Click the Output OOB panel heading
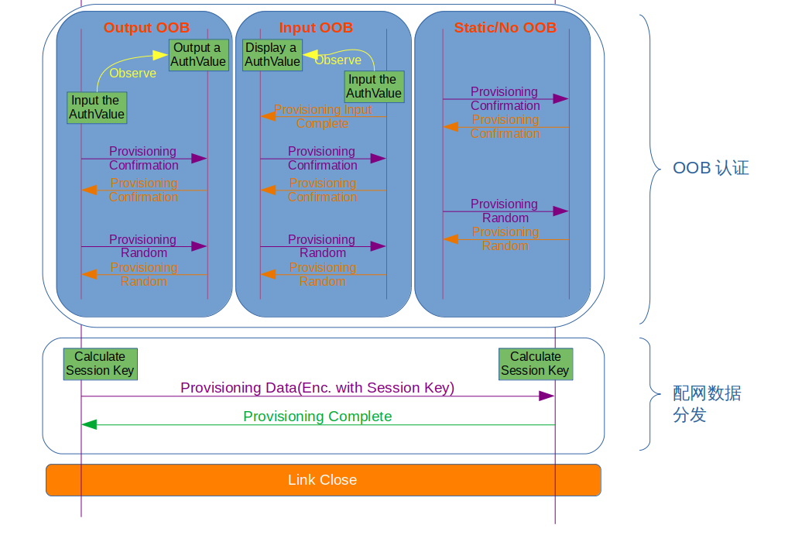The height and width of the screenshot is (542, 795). (146, 28)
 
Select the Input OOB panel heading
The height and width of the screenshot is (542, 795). (316, 28)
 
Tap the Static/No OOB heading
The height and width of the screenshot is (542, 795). (505, 28)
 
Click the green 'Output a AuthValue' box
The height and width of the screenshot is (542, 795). (198, 55)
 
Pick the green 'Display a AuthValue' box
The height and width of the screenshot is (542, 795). (272, 55)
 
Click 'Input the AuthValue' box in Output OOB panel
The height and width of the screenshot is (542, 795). (97, 108)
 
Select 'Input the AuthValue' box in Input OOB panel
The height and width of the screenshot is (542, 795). (374, 87)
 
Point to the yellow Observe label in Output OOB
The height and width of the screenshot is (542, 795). (132, 74)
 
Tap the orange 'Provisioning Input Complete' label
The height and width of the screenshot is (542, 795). (323, 117)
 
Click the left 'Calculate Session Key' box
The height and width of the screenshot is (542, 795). (100, 364)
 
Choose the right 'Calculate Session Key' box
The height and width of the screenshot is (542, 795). (535, 364)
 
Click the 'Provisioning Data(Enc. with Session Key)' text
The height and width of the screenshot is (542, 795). (317, 388)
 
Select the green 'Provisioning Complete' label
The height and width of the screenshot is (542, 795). (317, 417)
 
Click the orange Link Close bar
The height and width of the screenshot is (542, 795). (323, 480)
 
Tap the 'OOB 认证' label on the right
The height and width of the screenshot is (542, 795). (711, 168)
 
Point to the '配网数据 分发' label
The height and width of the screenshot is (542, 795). (706, 404)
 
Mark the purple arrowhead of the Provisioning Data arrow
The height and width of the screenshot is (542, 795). (547, 396)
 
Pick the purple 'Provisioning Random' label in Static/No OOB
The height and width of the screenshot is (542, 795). (505, 211)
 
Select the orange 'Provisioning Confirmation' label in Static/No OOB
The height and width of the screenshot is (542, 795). (505, 127)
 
